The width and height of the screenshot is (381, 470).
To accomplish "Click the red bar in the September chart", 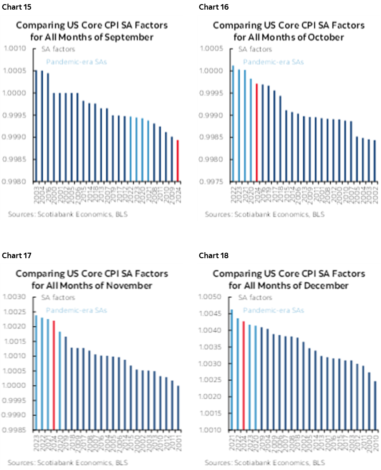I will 178,161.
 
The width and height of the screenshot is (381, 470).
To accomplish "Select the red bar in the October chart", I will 257,133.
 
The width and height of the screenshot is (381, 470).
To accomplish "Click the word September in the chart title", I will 128,37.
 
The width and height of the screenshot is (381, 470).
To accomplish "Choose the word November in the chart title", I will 128,285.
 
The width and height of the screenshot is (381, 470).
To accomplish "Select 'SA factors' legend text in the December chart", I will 256,297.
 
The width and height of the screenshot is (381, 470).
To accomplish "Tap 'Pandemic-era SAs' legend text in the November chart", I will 76,310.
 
